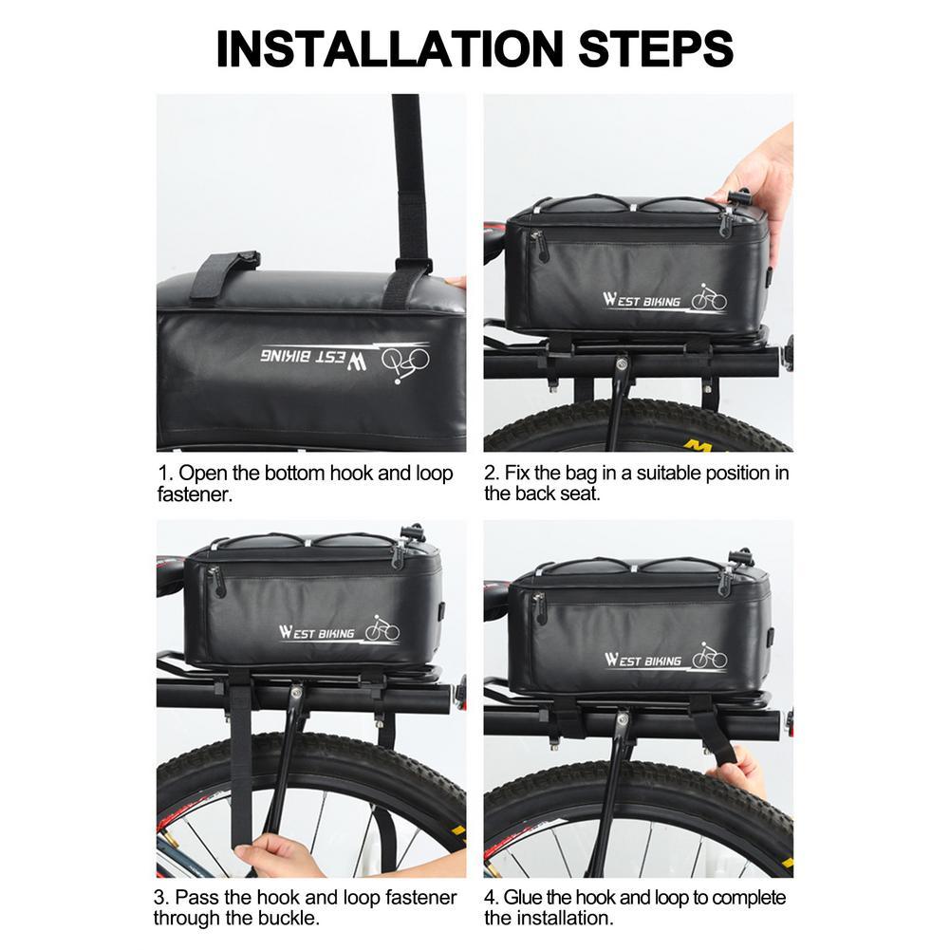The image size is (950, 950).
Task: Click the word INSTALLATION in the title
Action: click(389, 48)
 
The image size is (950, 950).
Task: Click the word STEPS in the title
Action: click(656, 48)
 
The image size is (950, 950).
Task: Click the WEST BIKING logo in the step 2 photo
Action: click(664, 298)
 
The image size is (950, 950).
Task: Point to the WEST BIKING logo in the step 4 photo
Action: click(666, 658)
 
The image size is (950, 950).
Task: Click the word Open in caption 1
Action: click(202, 474)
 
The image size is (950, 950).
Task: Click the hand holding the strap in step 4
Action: click(738, 772)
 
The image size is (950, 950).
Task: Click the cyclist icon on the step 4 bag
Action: click(710, 656)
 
